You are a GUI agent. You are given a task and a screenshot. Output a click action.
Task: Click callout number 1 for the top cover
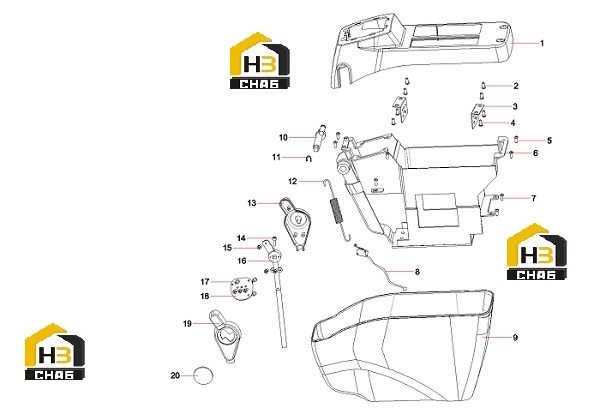pyautogui.click(x=541, y=43)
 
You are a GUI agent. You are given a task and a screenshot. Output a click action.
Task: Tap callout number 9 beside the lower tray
pyautogui.click(x=515, y=337)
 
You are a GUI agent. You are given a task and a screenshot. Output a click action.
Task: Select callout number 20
pyautogui.click(x=175, y=376)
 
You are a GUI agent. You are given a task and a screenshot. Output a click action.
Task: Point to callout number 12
pyautogui.click(x=292, y=181)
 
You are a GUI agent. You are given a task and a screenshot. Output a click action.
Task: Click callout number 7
pyautogui.click(x=533, y=198)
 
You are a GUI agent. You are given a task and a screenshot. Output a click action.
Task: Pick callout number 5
pyautogui.click(x=549, y=141)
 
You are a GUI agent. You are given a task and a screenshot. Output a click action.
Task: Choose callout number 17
pyautogui.click(x=205, y=282)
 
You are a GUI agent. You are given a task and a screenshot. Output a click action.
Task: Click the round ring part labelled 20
pyautogui.click(x=203, y=376)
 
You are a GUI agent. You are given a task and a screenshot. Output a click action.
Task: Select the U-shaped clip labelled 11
pyautogui.click(x=309, y=158)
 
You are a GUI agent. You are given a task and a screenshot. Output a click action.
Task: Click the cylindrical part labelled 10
pyautogui.click(x=319, y=138)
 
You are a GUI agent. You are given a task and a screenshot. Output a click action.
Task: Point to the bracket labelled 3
pyautogui.click(x=478, y=116)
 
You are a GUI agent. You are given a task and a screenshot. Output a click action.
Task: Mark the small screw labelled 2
pyautogui.click(x=483, y=85)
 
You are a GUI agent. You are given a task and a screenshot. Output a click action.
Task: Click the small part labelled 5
pyautogui.click(x=516, y=139)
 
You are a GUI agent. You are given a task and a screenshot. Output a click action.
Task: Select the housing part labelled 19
pyautogui.click(x=227, y=336)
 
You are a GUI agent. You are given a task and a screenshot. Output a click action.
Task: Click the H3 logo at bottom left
pyautogui.click(x=55, y=352)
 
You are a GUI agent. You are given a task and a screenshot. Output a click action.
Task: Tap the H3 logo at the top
pyautogui.click(x=260, y=60)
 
